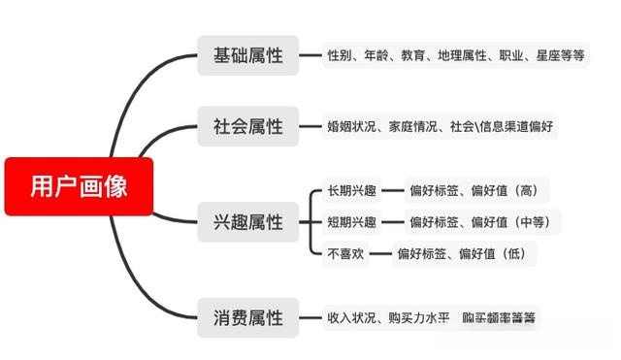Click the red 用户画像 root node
tap(79, 185)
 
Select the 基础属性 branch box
tap(248, 55)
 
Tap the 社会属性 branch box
tap(248, 126)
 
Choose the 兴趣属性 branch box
tap(248, 222)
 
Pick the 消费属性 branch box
tap(248, 317)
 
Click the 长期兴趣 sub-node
tap(351, 190)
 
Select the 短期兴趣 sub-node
tap(351, 222)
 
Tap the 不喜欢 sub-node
tap(344, 254)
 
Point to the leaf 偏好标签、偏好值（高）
tap(474, 190)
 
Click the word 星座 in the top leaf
tap(549, 55)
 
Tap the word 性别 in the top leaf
tap(341, 55)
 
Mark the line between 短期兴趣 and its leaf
tap(390, 222)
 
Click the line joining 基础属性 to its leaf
tap(310, 55)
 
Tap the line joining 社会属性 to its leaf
tap(310, 126)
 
